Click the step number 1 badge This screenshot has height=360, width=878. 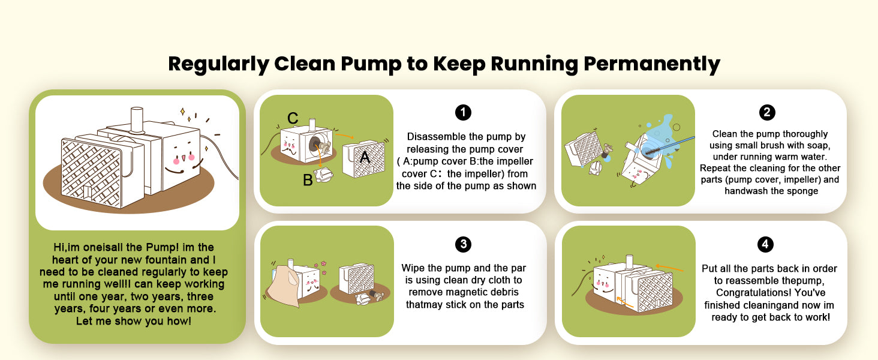[463, 113]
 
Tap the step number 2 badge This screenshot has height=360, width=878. [767, 113]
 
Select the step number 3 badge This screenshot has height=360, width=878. [464, 244]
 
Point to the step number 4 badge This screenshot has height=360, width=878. [765, 244]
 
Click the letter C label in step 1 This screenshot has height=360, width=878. [293, 118]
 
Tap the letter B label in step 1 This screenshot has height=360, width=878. [308, 180]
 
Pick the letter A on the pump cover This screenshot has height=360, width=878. [365, 157]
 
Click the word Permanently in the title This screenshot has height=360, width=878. [652, 64]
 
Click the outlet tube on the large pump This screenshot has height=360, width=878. [137, 119]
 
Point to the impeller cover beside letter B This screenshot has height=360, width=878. [324, 175]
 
